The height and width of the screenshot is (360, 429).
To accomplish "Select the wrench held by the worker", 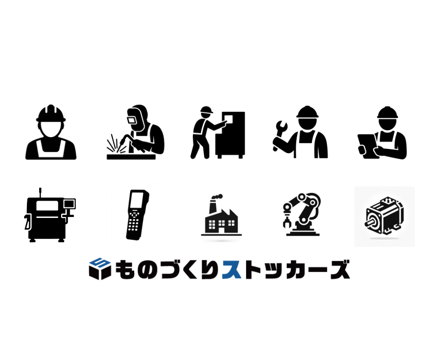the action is pyautogui.click(x=280, y=134).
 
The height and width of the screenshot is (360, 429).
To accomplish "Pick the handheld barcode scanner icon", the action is pyautogui.click(x=137, y=215).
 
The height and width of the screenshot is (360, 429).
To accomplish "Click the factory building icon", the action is pyautogui.click(x=221, y=218).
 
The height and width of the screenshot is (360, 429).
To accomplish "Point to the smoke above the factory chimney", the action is pyautogui.click(x=217, y=197).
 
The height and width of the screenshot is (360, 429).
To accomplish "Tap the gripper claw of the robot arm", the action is pyautogui.click(x=286, y=222).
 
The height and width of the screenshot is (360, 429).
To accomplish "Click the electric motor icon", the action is pyautogui.click(x=384, y=216).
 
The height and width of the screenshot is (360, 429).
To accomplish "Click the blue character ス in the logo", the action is pyautogui.click(x=232, y=270).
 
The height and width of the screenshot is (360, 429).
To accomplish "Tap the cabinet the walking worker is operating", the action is pyautogui.click(x=230, y=135).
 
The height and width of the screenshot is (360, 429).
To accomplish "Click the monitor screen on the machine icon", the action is pyautogui.click(x=69, y=204).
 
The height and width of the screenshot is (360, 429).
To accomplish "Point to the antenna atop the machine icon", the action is pyautogui.click(x=40, y=192).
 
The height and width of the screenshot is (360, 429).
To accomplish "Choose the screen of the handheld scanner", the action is pyautogui.click(x=136, y=201).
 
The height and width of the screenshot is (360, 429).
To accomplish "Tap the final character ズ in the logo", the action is pyautogui.click(x=340, y=270).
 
